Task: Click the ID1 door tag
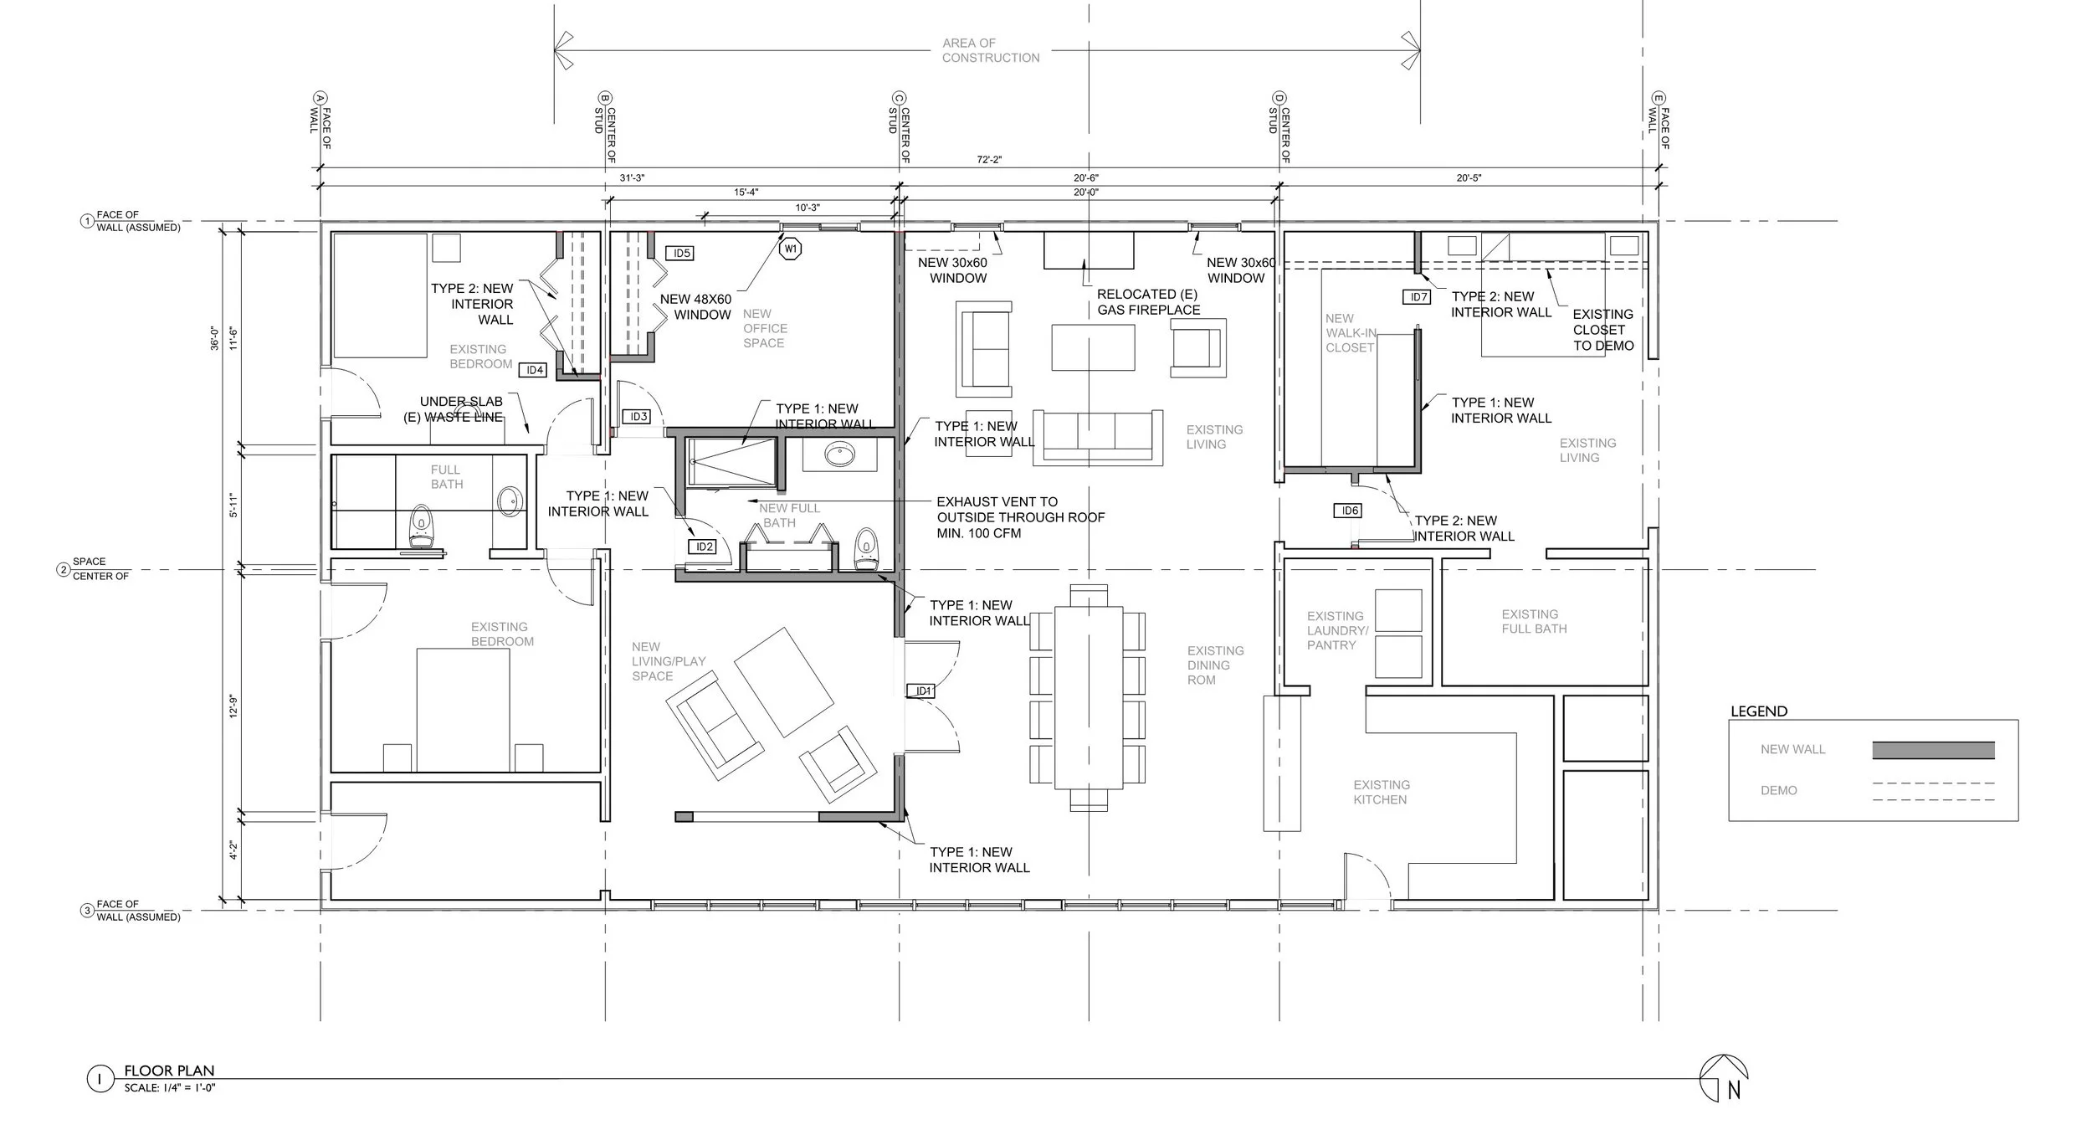[x=923, y=691]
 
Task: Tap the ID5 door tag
[x=682, y=254]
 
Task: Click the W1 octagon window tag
[x=791, y=249]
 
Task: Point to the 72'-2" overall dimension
[x=990, y=160]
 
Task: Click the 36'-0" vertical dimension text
[x=215, y=336]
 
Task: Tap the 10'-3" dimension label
[x=808, y=208]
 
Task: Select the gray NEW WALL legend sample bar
[x=1933, y=750]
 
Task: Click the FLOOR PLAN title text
[x=169, y=1071]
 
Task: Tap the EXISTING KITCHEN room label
[x=1382, y=793]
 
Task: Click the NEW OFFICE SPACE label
[x=764, y=328]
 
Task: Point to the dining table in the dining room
[x=1088, y=697]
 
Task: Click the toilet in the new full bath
[x=866, y=549]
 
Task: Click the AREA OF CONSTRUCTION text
[x=991, y=50]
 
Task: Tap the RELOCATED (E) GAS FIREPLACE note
[x=1148, y=302]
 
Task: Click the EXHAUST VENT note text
[x=1020, y=517]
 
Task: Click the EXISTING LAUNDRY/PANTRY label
[x=1337, y=630]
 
